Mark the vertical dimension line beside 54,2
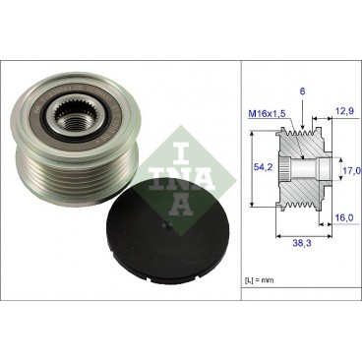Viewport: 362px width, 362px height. point(254,168)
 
